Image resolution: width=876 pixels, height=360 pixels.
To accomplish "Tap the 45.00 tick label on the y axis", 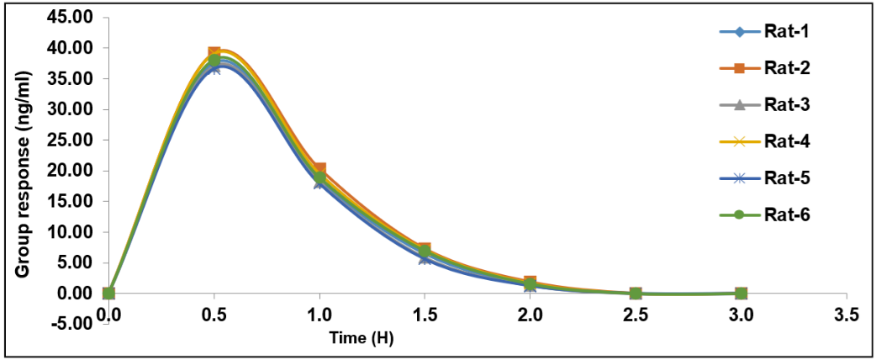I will click(x=71, y=18).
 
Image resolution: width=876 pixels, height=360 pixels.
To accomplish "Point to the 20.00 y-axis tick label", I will click(x=71, y=171).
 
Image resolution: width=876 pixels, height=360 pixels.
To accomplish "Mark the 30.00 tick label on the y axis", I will click(x=71, y=109).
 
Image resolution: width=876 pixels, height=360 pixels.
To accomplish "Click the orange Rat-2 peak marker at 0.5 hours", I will click(x=214, y=53).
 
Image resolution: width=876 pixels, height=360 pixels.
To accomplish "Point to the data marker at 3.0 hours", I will click(x=741, y=293).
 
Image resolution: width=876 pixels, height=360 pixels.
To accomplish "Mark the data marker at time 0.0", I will click(x=108, y=293).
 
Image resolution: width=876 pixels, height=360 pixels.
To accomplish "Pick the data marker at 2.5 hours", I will click(x=636, y=293).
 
